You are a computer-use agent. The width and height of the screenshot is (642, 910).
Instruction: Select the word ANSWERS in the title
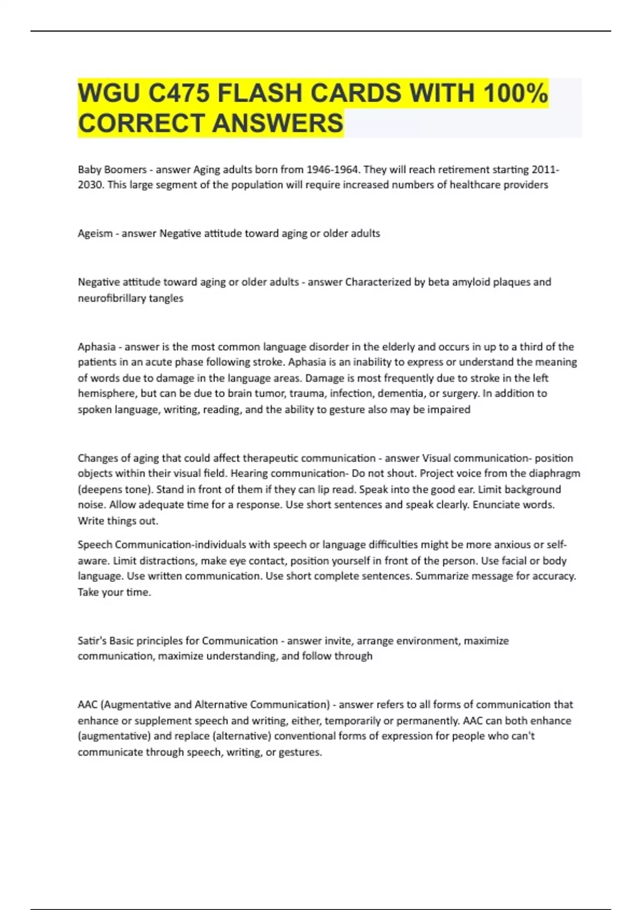pyautogui.click(x=278, y=123)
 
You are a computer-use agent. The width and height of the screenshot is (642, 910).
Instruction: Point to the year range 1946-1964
pyautogui.click(x=332, y=170)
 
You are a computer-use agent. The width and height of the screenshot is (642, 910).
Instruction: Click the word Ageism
pyautogui.click(x=95, y=233)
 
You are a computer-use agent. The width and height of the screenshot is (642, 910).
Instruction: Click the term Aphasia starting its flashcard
pyautogui.click(x=96, y=346)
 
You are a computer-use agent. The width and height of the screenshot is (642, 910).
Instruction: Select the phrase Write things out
pyautogui.click(x=118, y=521)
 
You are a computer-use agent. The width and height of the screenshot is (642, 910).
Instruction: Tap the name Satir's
pyautogui.click(x=91, y=641)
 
